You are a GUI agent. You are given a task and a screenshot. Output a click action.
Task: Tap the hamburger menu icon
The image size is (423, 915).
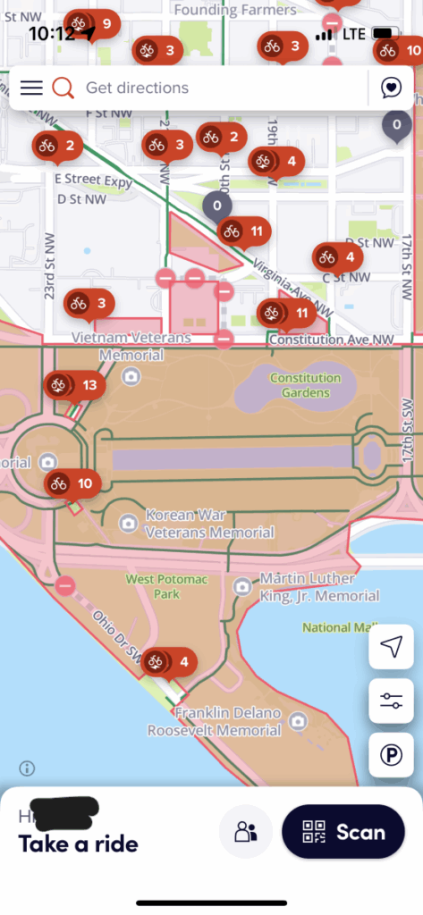coord(31,88)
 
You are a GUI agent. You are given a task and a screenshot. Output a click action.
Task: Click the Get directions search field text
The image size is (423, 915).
coord(137,88)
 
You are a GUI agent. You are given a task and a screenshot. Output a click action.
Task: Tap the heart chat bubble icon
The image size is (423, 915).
coord(391,88)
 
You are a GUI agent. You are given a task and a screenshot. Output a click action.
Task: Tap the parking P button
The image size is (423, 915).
coord(391,755)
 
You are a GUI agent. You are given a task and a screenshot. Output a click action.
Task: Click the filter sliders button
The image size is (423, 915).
coord(391,701)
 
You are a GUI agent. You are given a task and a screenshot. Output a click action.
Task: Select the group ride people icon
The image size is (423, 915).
coord(246,832)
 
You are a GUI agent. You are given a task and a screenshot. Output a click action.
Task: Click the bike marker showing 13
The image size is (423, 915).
coord(75,386)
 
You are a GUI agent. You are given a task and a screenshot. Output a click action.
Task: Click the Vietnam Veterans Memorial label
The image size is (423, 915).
coord(132,347)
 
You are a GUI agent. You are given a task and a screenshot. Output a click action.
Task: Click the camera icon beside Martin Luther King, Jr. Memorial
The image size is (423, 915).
coord(241,586)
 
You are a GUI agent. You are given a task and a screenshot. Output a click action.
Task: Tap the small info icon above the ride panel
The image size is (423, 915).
coord(28,768)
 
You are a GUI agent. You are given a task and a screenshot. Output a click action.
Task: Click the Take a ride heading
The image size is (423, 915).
coord(79,843)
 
